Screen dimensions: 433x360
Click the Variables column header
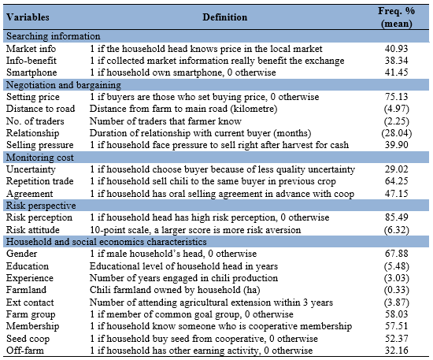[28, 17]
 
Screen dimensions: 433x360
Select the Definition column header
[225, 17]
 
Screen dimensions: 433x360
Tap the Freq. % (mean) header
[396, 17]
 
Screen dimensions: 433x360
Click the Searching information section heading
[54, 36]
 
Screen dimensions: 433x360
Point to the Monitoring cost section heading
[40, 158]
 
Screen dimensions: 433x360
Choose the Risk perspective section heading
[41, 206]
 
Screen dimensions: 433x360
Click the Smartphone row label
[31, 72]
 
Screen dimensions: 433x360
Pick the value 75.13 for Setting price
[396, 97]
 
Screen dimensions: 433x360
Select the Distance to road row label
[41, 109]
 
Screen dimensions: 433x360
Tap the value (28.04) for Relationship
[397, 133]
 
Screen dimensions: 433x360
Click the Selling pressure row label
[40, 145]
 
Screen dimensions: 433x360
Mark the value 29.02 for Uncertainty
[396, 169]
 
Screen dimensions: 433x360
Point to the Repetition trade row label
[40, 181]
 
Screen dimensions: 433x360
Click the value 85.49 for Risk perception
[396, 217]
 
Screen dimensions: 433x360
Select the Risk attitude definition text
[195, 230]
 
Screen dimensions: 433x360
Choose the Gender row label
[21, 254]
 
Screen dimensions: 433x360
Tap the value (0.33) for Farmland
[397, 290]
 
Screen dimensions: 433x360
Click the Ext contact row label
[30, 302]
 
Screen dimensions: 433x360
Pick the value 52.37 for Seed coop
[396, 339]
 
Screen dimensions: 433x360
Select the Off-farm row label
[25, 351]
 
